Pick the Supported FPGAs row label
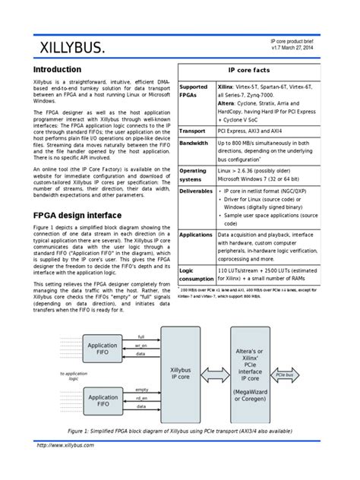point(193,92)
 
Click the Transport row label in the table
point(192,131)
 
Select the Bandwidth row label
point(194,143)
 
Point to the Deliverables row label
point(196,191)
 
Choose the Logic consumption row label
point(196,273)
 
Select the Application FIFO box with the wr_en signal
point(103,349)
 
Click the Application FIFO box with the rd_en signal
point(103,401)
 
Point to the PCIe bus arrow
point(285,374)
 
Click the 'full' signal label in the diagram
point(141,336)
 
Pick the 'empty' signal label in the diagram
point(141,389)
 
